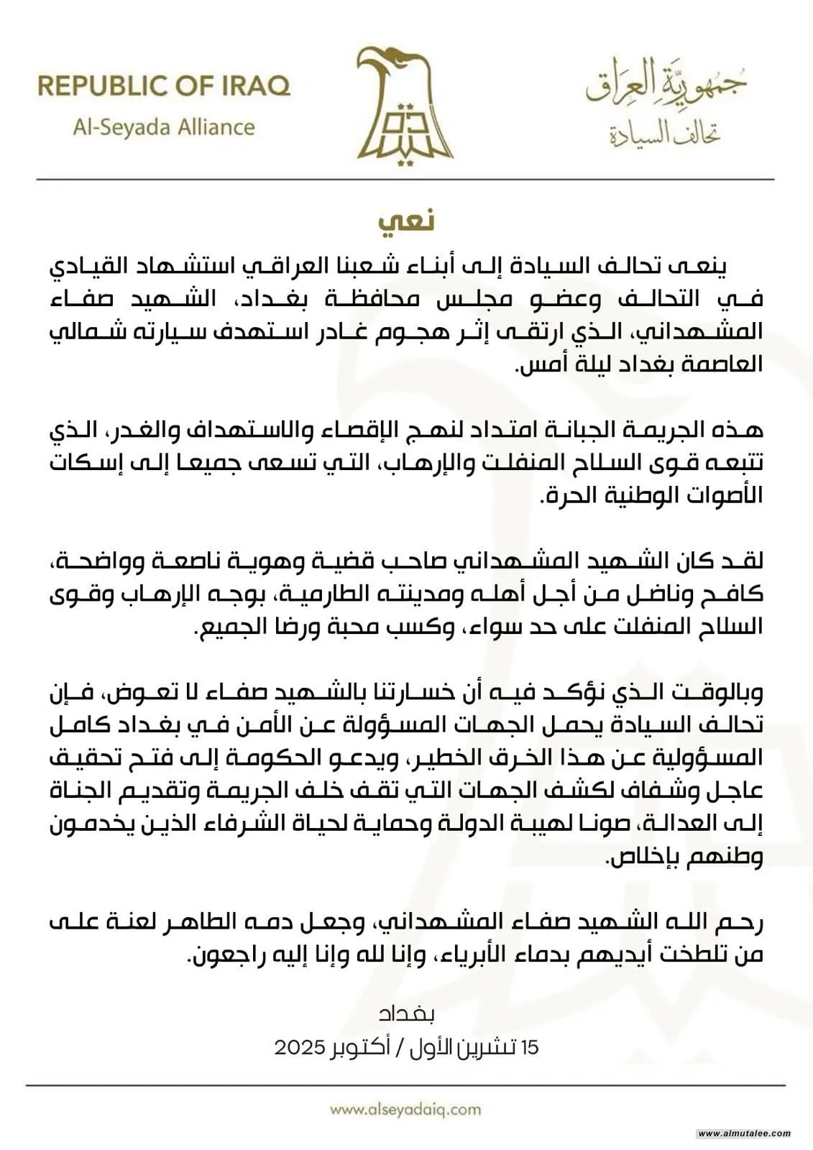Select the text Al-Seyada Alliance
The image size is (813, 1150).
click(164, 128)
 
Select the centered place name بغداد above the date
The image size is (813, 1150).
click(406, 1015)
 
